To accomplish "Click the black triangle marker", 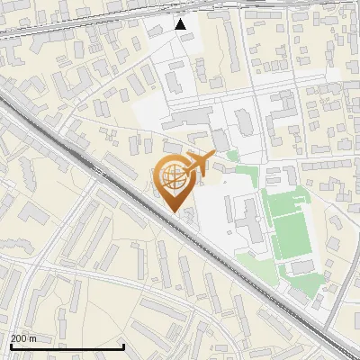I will click(181, 24).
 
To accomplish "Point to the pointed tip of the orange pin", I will click(174, 211).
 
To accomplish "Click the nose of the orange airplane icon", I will click(213, 154).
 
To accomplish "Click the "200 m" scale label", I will click(22, 338).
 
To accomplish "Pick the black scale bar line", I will click(67, 346).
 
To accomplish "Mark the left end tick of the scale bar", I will click(10, 345).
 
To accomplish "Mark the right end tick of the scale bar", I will click(123, 345).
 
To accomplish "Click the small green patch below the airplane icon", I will click(232, 156).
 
